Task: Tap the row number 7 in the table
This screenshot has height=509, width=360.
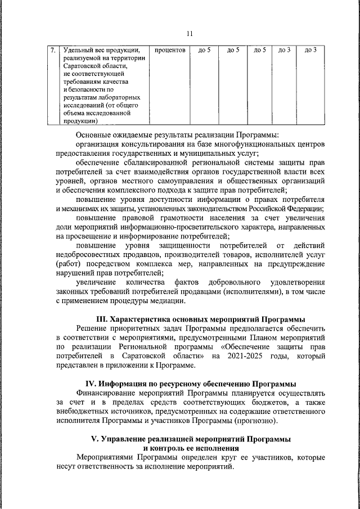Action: click(x=52, y=51)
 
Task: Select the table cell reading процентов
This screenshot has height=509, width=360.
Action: click(x=170, y=51)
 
